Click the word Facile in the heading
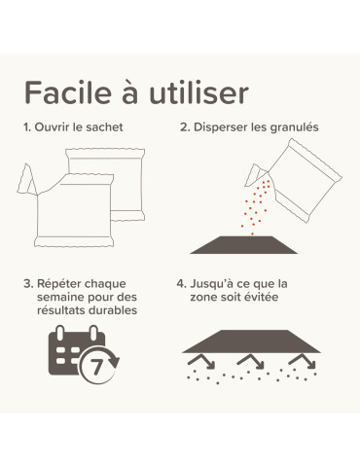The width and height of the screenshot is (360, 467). tap(68, 92)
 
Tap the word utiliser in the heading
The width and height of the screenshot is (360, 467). tap(198, 92)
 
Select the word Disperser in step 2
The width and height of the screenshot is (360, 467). tap(221, 127)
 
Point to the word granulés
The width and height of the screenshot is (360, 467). tap(294, 127)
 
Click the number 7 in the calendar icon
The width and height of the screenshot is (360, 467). tap(96, 367)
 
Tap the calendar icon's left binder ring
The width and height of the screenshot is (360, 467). tap(60, 333)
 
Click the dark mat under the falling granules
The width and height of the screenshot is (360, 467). tap(243, 245)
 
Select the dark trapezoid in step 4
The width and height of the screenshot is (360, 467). tap(251, 341)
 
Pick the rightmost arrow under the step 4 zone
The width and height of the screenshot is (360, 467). tap(303, 361)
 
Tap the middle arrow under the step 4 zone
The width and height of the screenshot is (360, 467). tap(250, 361)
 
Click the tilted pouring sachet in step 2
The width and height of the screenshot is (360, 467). tap(304, 180)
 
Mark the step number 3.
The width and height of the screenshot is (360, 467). tap(28, 284)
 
